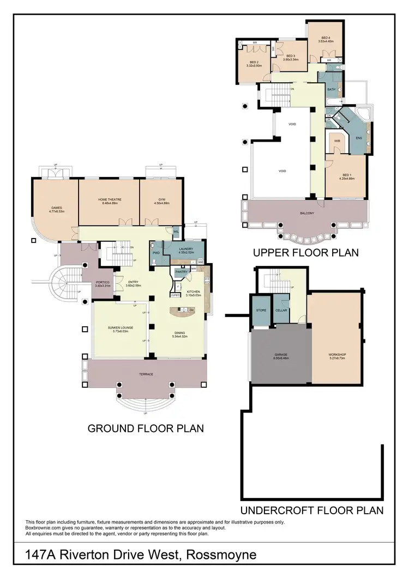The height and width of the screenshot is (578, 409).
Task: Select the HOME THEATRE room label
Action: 110,199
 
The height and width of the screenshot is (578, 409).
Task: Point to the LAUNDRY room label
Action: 186,249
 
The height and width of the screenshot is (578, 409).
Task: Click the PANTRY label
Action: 181,271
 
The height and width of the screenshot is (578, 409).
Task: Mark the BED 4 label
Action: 326,37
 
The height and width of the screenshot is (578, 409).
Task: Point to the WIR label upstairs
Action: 336,141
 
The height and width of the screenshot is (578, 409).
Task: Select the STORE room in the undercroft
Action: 260,310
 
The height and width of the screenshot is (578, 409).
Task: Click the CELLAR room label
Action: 281,310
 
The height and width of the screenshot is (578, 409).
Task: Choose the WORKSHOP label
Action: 337,355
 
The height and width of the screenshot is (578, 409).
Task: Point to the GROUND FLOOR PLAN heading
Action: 146,428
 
